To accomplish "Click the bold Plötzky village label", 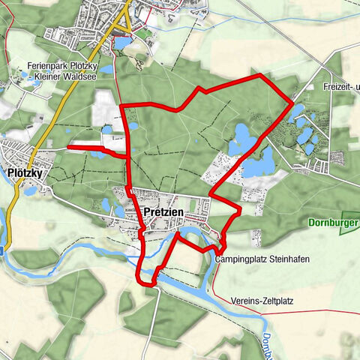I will pos(22,173).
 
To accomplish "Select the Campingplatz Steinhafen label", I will pos(262,259).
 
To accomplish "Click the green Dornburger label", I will pos(333,223).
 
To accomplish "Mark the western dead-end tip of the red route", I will pos(69,148).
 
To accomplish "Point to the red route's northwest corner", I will pos(122,106).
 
